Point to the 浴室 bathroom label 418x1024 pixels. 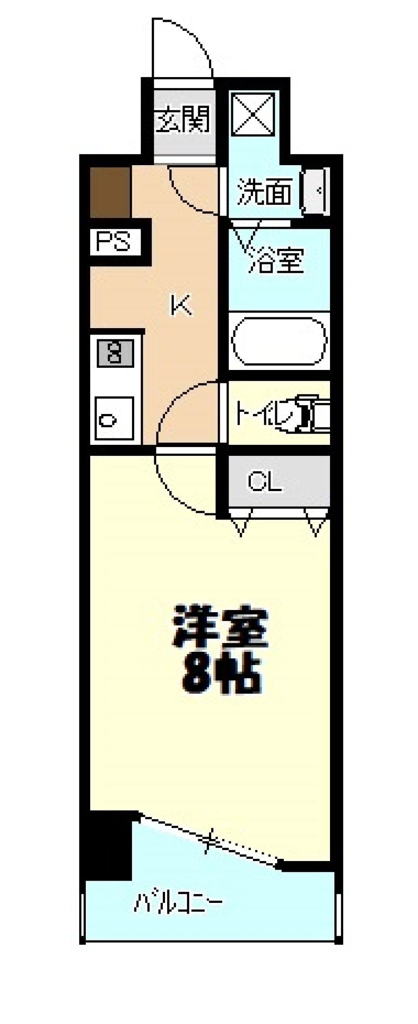tap(275, 260)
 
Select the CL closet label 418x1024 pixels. tap(265, 482)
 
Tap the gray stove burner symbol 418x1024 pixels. tap(115, 353)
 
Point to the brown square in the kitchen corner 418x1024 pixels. tap(110, 192)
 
